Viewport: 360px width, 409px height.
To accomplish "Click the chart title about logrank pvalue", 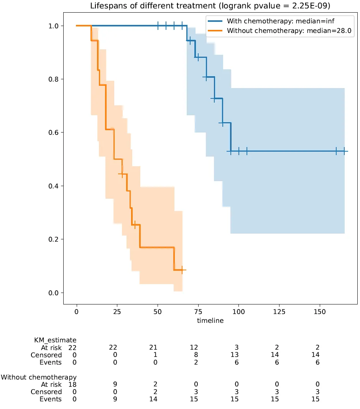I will (x=210, y=6).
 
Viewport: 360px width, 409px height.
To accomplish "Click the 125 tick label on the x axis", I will (x=279, y=312).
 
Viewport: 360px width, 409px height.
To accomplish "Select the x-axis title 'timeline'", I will (x=210, y=321).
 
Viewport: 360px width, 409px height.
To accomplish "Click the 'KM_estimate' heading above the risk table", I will (x=55, y=340).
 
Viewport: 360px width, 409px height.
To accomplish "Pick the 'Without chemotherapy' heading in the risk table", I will (x=38, y=377).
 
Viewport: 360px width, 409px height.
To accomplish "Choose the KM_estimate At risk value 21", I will (x=155, y=347).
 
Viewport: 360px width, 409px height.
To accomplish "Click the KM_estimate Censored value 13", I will (x=237, y=355).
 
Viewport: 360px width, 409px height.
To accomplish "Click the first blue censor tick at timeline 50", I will (x=158, y=26).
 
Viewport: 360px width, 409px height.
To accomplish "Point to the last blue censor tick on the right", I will (x=344, y=151).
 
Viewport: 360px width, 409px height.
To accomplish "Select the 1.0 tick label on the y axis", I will (x=54, y=26).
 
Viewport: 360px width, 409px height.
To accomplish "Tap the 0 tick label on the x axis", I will (x=77, y=312).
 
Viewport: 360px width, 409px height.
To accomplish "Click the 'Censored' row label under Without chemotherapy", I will (x=46, y=392).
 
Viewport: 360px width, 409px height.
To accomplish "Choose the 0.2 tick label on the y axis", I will (x=54, y=239).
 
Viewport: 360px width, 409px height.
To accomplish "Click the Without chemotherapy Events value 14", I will (x=155, y=399).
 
